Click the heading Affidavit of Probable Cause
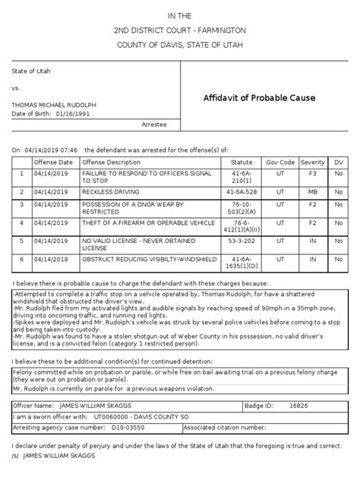[261, 99]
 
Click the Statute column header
[242, 163]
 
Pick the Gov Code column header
[279, 163]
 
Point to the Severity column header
[313, 163]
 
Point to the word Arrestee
[154, 123]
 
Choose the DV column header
[339, 163]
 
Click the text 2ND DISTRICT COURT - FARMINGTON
[180, 31]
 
